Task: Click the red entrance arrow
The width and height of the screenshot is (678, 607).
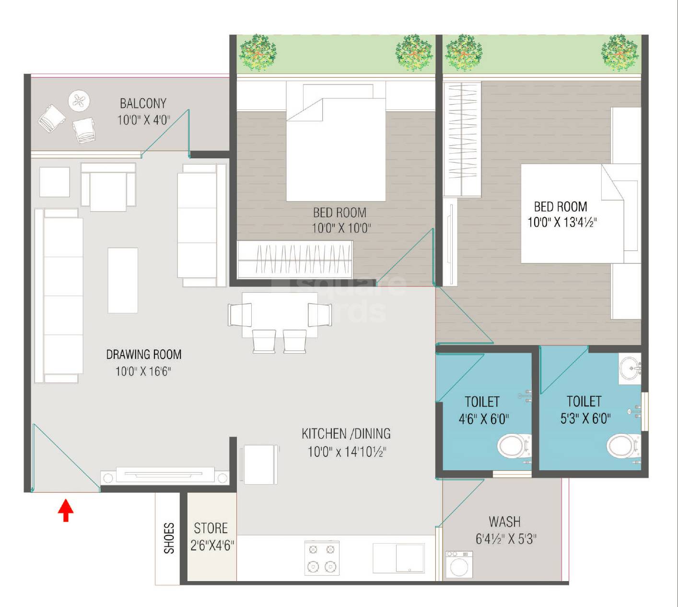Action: pyautogui.click(x=66, y=511)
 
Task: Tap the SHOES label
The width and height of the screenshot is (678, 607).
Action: pyautogui.click(x=169, y=538)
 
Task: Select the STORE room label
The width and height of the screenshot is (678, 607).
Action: pyautogui.click(x=210, y=528)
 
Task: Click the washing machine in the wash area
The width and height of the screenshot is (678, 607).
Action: pyautogui.click(x=459, y=564)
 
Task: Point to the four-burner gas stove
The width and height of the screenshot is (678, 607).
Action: pyautogui.click(x=322, y=558)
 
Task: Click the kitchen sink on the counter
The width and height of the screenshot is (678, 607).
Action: pyautogui.click(x=399, y=558)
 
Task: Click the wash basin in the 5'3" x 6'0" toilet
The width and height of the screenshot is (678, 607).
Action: pyautogui.click(x=630, y=369)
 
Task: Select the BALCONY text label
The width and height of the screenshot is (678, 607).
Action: pyautogui.click(x=143, y=103)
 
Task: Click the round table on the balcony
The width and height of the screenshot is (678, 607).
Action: pyautogui.click(x=79, y=101)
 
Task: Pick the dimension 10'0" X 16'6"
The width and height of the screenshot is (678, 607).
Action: pyautogui.click(x=143, y=371)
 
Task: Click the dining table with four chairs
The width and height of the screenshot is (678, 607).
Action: pyautogui.click(x=280, y=315)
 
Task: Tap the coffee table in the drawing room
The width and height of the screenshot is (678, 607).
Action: pyautogui.click(x=123, y=280)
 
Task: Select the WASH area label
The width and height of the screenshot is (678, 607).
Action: pyautogui.click(x=504, y=522)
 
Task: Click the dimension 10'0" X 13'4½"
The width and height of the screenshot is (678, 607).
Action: pyautogui.click(x=562, y=222)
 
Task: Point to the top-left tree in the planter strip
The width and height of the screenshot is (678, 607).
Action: pyautogui.click(x=257, y=52)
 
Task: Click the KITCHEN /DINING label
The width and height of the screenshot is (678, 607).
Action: pyautogui.click(x=346, y=434)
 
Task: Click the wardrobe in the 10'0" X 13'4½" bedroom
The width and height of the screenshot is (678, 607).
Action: pyautogui.click(x=462, y=139)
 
